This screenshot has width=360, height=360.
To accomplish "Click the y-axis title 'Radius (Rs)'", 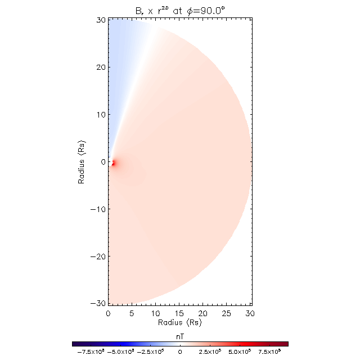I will point(82,162).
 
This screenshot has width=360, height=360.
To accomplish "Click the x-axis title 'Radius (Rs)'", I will point(180,323).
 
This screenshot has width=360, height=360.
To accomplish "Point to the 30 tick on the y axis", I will point(100,20).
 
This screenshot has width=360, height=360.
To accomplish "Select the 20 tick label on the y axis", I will point(100,67).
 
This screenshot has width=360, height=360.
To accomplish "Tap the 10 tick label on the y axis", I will point(100,115).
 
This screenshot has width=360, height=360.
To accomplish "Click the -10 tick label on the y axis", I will point(98,209).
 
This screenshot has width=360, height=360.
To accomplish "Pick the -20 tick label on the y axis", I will point(98,256).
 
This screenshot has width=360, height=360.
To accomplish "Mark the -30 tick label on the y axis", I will point(98,304).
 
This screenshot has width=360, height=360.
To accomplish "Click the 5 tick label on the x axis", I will point(132,313).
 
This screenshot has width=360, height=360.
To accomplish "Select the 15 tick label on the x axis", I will point(179,313).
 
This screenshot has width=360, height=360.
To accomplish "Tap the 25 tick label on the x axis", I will point(227,313).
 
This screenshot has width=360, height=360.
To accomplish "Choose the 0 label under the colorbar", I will point(180,352).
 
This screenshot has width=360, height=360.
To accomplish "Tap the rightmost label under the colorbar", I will point(269,352).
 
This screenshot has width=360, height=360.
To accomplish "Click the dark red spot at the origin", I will point(112,163).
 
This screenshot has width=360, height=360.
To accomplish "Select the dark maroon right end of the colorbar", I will point(286,343).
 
